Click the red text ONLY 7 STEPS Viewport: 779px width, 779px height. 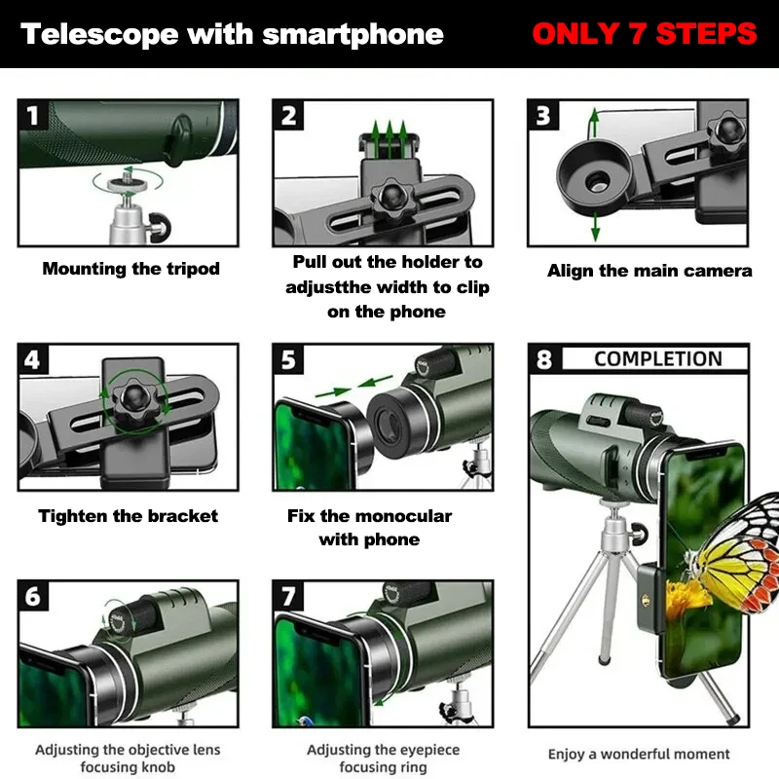coord(644,34)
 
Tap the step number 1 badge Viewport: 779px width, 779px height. coord(35,116)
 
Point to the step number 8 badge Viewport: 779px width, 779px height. coord(544,359)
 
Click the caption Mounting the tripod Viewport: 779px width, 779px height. coord(130,269)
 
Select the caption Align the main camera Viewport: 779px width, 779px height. coord(649,271)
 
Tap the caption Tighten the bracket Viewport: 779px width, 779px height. coord(129,516)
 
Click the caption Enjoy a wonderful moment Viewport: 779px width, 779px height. coord(639,754)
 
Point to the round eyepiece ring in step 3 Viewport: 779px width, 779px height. coord(590,177)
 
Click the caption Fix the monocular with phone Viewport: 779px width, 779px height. coord(369,528)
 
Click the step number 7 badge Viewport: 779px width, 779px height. coord(289,595)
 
